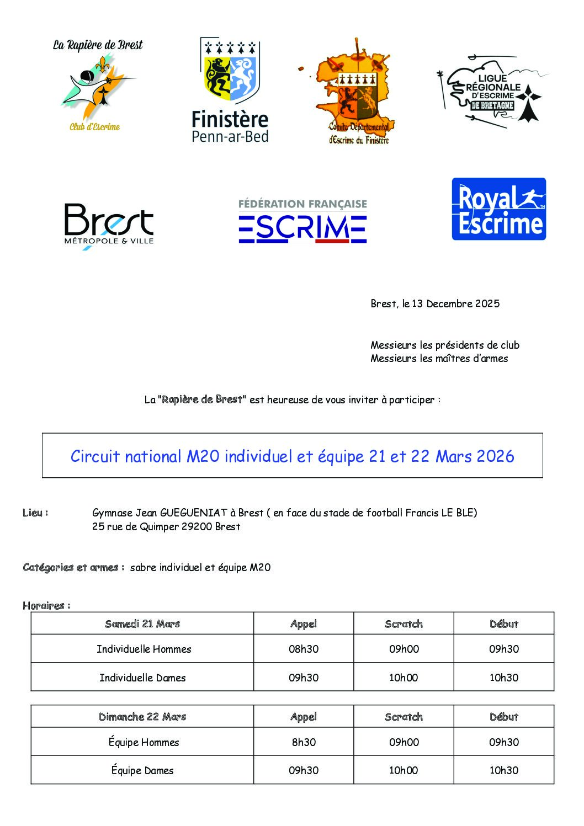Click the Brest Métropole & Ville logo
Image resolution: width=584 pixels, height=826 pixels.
(x=109, y=225)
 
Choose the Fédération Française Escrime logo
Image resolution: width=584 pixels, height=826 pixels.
(x=302, y=221)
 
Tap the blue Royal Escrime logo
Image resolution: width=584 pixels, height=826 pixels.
(x=498, y=209)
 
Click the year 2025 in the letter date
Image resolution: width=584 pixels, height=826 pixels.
(x=487, y=303)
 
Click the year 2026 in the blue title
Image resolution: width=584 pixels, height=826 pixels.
(x=495, y=456)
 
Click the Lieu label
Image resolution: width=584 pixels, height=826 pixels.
(x=35, y=513)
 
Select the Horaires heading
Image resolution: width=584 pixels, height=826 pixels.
(x=46, y=605)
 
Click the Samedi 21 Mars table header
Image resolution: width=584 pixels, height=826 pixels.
(x=142, y=624)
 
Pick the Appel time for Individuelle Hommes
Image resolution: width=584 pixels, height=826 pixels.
(x=304, y=649)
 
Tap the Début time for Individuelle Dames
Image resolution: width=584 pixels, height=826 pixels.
(x=503, y=678)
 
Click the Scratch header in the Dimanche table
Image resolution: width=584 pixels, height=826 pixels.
(x=404, y=717)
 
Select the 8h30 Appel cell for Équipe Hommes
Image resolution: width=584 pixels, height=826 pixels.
(x=304, y=742)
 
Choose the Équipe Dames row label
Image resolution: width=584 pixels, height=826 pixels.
(x=142, y=770)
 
